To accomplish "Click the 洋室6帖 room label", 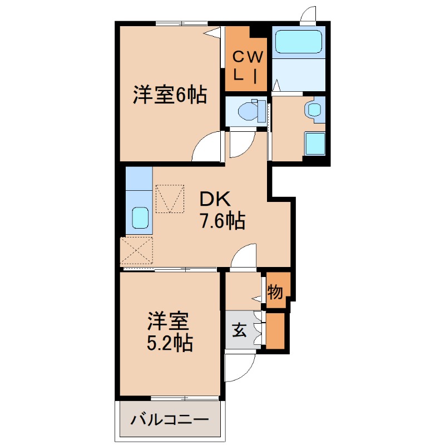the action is (x=170, y=95).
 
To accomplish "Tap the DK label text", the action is (x=215, y=199).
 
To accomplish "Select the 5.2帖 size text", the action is (x=170, y=343).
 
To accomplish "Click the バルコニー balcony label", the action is (x=170, y=419).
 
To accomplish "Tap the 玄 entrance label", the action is (x=239, y=330).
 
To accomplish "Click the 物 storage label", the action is (x=275, y=291).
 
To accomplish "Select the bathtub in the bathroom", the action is (x=299, y=42).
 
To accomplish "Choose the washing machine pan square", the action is (x=315, y=144).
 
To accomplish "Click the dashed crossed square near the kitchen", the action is (x=137, y=251).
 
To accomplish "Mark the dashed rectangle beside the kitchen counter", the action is (x=170, y=199).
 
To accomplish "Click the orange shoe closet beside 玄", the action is (x=275, y=331).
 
